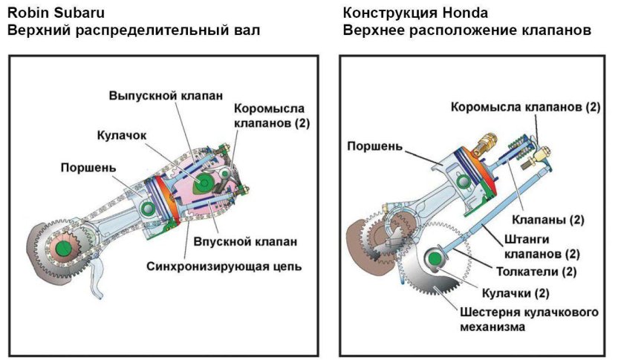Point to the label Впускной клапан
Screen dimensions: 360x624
point(235,242)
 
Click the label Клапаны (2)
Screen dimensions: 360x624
point(548,220)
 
